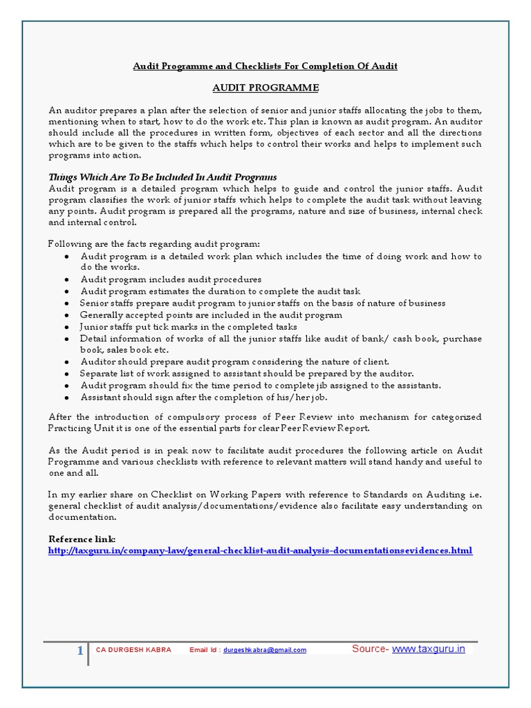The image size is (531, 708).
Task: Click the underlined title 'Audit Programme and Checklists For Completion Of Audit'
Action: pyautogui.click(x=265, y=66)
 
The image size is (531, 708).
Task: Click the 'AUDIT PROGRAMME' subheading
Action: pyautogui.click(x=265, y=88)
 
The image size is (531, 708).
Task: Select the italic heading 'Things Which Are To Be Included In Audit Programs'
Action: pyautogui.click(x=162, y=178)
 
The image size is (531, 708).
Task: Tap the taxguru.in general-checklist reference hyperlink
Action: pyautogui.click(x=260, y=551)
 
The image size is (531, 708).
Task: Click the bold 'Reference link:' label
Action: pyautogui.click(x=82, y=539)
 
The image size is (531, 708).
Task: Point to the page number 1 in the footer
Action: pyautogui.click(x=80, y=650)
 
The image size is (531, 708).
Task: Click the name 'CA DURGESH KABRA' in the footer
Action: pyautogui.click(x=133, y=651)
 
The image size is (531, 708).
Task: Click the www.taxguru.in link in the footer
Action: pyautogui.click(x=429, y=649)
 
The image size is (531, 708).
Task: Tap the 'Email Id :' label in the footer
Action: pyautogui.click(x=206, y=651)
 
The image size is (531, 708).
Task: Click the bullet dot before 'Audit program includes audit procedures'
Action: pyautogui.click(x=66, y=280)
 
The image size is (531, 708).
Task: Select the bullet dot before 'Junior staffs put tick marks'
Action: pyautogui.click(x=66, y=327)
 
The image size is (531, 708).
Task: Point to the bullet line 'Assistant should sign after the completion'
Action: pyautogui.click(x=203, y=398)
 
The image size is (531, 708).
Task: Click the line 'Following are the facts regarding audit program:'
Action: pyautogui.click(x=154, y=244)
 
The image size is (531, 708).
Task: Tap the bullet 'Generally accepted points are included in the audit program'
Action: pyautogui.click(x=211, y=315)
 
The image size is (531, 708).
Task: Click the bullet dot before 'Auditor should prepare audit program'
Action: pyautogui.click(x=66, y=362)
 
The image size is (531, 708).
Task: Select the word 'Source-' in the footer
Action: pyautogui.click(x=371, y=649)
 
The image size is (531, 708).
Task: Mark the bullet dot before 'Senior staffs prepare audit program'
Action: pyautogui.click(x=66, y=304)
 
